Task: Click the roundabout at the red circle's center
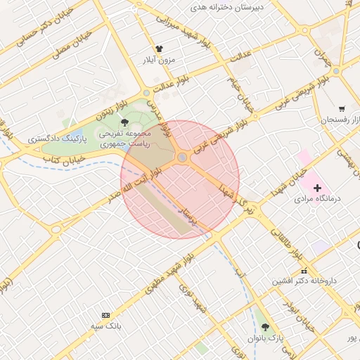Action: coord(182,157)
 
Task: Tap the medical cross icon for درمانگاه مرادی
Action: coord(317,188)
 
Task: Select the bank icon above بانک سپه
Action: coord(105,314)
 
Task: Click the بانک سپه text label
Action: coord(108,326)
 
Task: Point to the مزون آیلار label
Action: coord(158,60)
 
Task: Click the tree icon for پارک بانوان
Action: coord(265,327)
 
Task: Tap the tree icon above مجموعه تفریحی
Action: coord(124,122)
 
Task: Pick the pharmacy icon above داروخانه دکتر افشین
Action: coord(304,271)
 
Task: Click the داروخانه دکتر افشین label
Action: coord(305,281)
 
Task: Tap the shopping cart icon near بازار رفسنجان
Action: coord(342,109)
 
